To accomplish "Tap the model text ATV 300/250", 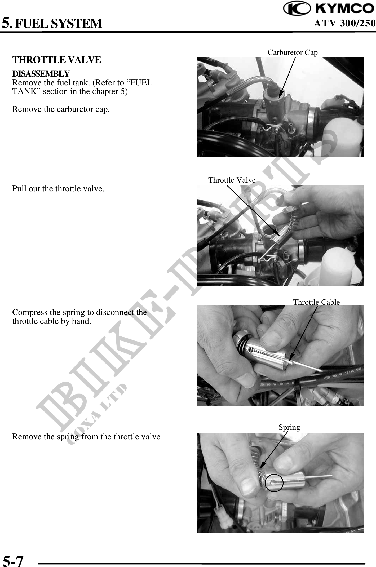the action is pyautogui.click(x=344, y=24).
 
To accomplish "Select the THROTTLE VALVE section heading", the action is pyautogui.click(x=57, y=60).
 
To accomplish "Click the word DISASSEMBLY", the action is pyautogui.click(x=41, y=73).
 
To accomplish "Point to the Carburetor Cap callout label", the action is pyautogui.click(x=293, y=52).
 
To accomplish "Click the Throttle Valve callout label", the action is pyautogui.click(x=232, y=180).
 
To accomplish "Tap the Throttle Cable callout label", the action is pyautogui.click(x=316, y=302).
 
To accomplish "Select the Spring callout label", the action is pyautogui.click(x=289, y=427).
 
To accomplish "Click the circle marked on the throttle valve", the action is pyautogui.click(x=274, y=483).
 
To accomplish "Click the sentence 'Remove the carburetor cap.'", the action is pyautogui.click(x=61, y=109).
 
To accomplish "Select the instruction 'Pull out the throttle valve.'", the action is pyautogui.click(x=58, y=189).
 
